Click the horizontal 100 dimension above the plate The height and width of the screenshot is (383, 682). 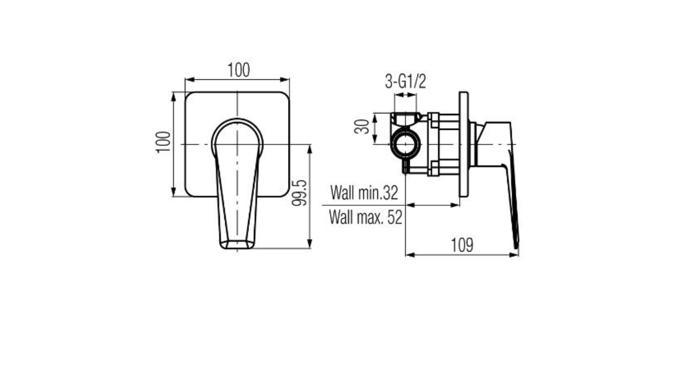click(x=238, y=70)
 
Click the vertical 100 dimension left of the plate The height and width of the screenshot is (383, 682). click(x=163, y=142)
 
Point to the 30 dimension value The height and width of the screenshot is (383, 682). click(x=362, y=127)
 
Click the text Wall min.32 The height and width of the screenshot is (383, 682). click(x=364, y=193)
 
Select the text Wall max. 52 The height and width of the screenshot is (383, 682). click(x=366, y=217)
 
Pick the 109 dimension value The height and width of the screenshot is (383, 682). click(x=462, y=245)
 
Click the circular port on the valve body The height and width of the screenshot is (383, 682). click(x=405, y=145)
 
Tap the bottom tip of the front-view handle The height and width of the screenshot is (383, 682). click(x=237, y=248)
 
